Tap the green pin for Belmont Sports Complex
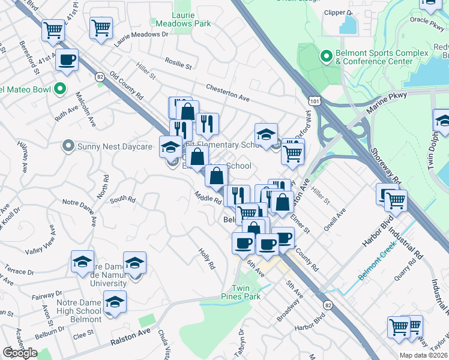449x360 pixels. [x=327, y=57]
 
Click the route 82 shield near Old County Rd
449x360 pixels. [x=100, y=76]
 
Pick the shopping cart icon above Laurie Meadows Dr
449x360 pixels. [x=101, y=27]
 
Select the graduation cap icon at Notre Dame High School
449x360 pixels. [x=114, y=302]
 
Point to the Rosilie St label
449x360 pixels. [x=179, y=64]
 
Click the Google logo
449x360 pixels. [x=20, y=352]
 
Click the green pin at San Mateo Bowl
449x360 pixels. [x=59, y=90]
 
